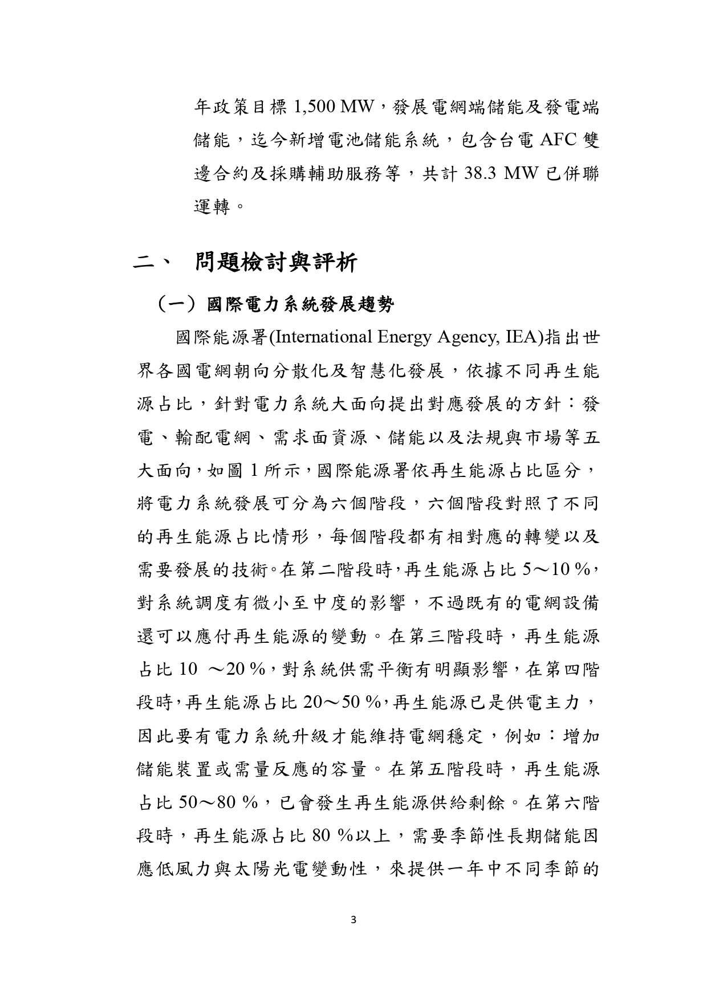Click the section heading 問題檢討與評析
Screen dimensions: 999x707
[x=277, y=263]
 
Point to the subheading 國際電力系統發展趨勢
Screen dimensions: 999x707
[x=300, y=305]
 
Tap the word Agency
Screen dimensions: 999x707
[x=466, y=338]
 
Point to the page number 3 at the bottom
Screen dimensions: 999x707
[x=354, y=919]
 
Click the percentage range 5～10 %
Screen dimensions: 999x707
[x=556, y=569]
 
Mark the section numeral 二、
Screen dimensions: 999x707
[x=150, y=264]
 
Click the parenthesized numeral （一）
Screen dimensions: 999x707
[x=177, y=305]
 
